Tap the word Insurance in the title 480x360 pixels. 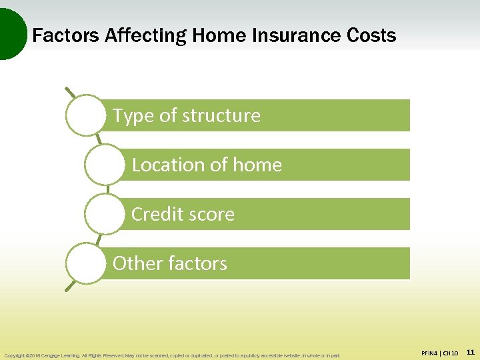(x=285, y=35)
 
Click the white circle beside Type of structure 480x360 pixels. (x=86, y=115)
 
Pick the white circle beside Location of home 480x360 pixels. (x=105, y=165)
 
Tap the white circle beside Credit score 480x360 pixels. (x=105, y=214)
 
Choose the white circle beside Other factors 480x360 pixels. (x=86, y=263)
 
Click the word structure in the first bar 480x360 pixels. (x=221, y=115)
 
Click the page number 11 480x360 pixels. (x=470, y=352)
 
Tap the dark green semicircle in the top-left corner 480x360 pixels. (x=9, y=33)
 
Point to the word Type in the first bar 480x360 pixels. (x=133, y=116)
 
